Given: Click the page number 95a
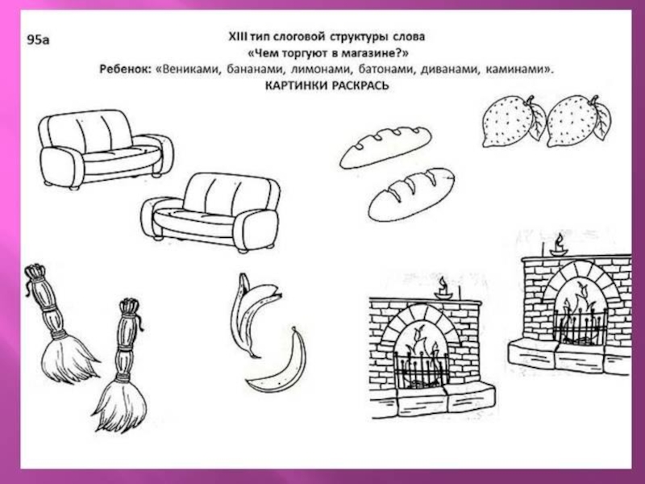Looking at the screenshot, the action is (x=38, y=40).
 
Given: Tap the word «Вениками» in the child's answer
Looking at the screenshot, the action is (x=189, y=69).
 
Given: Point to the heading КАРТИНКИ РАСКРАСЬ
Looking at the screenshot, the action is (x=327, y=86).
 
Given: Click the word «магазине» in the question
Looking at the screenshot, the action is (x=372, y=53).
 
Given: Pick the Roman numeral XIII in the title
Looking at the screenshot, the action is (x=238, y=36).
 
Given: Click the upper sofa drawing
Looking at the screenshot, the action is (x=106, y=149).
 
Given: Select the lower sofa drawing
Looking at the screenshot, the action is (x=210, y=212).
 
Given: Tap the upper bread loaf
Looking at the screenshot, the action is (x=385, y=147).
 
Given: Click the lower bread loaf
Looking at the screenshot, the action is (x=411, y=194).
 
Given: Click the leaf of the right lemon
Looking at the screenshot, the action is (x=602, y=119).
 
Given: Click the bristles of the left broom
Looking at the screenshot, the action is (x=68, y=357).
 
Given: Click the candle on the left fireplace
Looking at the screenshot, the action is (x=443, y=289).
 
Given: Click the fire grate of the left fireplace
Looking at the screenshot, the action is (x=421, y=369).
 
